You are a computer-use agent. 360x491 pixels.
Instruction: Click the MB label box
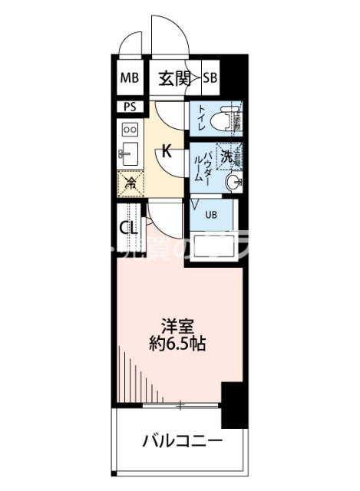(128, 77)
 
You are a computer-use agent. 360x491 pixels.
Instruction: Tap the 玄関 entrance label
(174, 78)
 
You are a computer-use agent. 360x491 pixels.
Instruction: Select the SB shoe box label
(210, 77)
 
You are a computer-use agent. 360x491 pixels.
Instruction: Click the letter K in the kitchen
(166, 151)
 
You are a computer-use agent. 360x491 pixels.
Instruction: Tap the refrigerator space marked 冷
(130, 183)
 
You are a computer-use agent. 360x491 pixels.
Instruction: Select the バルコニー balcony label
(182, 443)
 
